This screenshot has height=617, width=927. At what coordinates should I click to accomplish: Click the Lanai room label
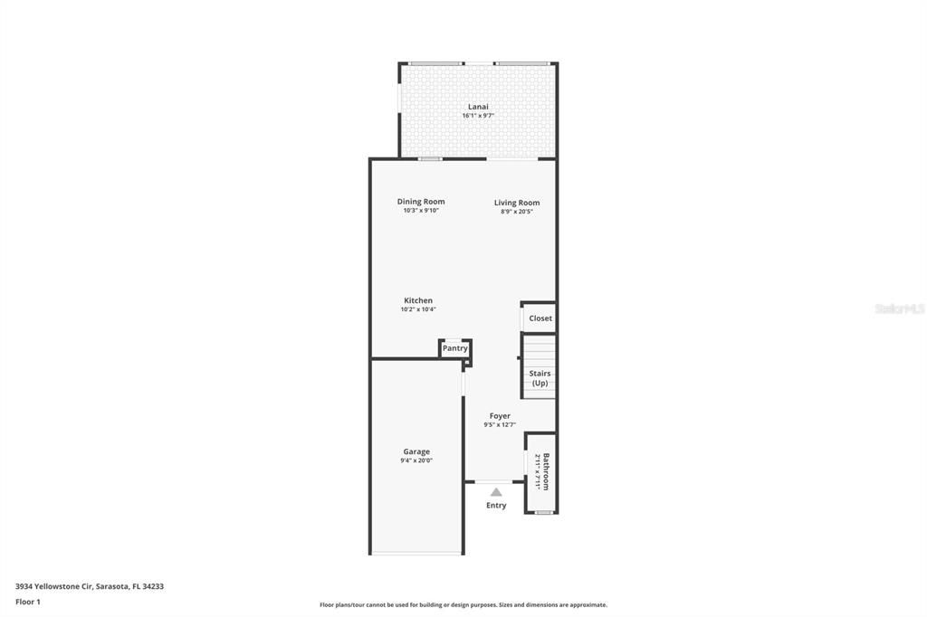click(x=478, y=107)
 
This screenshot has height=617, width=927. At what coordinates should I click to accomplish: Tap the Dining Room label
click(x=421, y=202)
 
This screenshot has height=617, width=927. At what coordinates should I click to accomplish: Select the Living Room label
click(x=517, y=203)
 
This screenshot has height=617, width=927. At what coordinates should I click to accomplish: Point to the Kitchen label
click(x=418, y=300)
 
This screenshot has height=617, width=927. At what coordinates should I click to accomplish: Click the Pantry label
click(x=455, y=348)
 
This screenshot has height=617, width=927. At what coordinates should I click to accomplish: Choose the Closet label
click(x=540, y=318)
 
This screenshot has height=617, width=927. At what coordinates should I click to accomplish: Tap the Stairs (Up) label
click(x=540, y=378)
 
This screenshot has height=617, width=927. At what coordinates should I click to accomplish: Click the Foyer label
click(x=500, y=416)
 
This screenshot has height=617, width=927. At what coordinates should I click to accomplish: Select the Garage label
click(x=416, y=451)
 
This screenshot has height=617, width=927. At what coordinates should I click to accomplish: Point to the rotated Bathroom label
click(x=546, y=471)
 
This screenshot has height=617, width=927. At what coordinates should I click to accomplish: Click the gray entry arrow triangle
click(x=496, y=492)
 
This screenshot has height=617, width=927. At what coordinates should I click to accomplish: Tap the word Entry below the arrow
click(x=496, y=506)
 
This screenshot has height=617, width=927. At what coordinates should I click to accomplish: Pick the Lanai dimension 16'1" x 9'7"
click(x=478, y=116)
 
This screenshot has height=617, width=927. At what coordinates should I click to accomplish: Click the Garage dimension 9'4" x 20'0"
click(x=416, y=460)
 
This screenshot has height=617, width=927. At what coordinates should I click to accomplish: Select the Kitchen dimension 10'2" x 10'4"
click(x=418, y=309)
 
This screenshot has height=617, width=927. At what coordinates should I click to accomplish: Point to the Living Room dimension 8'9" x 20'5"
click(x=517, y=212)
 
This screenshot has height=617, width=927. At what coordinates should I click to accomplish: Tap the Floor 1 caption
click(x=28, y=602)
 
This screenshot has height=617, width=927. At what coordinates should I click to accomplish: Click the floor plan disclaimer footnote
click(x=463, y=605)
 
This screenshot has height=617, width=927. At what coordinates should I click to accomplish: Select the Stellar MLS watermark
click(x=899, y=309)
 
